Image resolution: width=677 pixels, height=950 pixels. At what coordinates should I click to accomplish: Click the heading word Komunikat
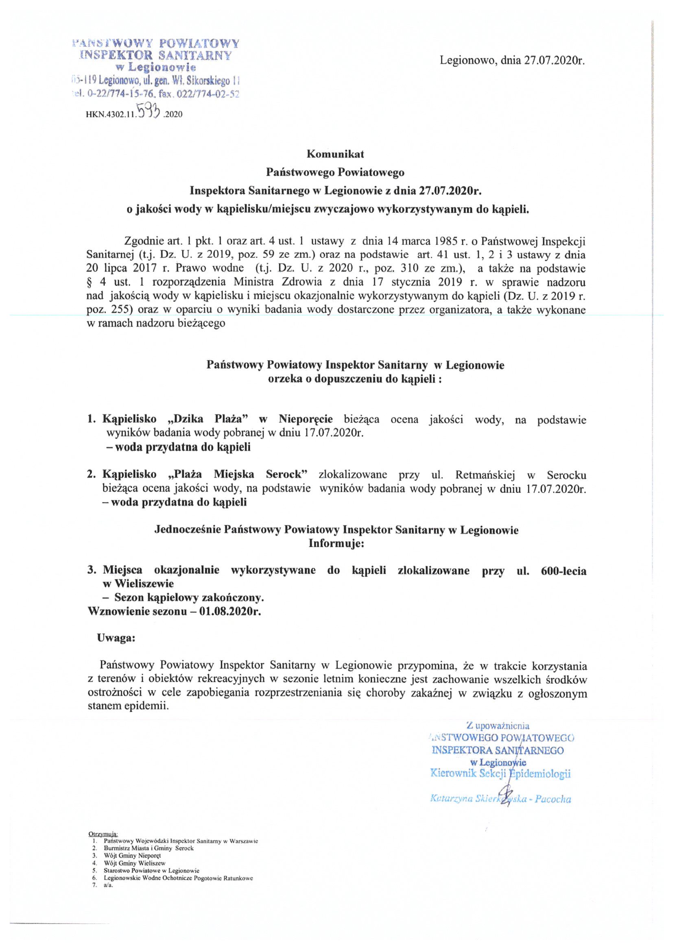(x=335, y=154)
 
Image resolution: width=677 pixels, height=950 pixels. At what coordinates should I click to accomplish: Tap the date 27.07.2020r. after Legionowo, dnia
(x=555, y=61)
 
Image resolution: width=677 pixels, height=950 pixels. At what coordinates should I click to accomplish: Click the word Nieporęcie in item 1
(x=306, y=419)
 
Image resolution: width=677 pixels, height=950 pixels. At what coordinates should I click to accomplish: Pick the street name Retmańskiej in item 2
(x=485, y=475)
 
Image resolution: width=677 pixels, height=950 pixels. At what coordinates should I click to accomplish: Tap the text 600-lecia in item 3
(x=563, y=571)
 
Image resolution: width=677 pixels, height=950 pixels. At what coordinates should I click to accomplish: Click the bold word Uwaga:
(x=116, y=638)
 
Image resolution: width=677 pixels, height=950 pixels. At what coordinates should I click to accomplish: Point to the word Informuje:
(x=336, y=543)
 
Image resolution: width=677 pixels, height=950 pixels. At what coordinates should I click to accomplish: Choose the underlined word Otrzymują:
(x=103, y=834)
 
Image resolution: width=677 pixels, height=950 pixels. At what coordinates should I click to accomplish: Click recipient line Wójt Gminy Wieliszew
(x=135, y=863)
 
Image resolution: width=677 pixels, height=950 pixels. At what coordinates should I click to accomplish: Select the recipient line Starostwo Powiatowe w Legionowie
(x=151, y=870)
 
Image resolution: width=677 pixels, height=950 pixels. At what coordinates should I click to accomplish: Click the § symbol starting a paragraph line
(x=89, y=282)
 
